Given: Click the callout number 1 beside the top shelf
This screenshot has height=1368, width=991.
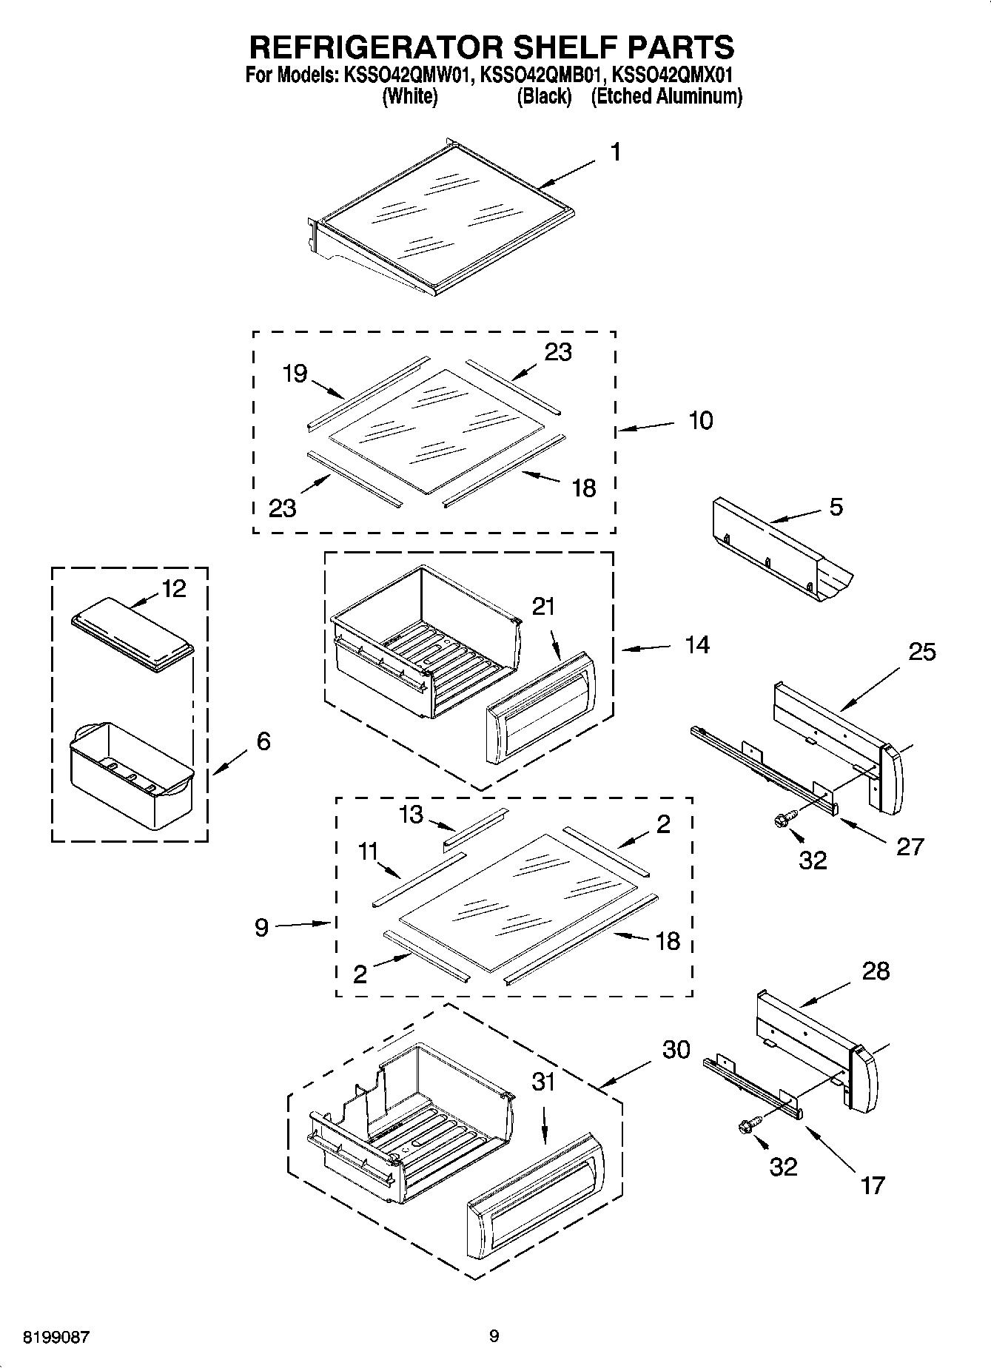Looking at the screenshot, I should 615,152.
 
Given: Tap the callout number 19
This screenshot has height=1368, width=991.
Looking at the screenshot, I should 295,373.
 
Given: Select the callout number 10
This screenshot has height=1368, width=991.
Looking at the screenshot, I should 700,420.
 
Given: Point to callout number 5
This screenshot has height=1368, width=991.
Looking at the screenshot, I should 836,507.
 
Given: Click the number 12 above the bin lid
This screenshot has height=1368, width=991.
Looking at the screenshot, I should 174,589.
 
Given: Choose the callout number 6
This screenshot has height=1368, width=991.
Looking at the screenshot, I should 263,741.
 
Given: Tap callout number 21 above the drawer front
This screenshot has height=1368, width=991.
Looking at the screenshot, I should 543,607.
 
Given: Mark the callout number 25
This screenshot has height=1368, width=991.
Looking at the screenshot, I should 921,652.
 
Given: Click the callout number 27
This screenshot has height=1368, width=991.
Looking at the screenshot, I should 910,846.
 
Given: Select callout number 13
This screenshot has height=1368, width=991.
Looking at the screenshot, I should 411,815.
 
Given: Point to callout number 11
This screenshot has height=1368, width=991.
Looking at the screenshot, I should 368,852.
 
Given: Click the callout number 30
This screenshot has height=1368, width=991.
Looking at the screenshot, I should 676,1049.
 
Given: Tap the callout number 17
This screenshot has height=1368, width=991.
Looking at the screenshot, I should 873,1185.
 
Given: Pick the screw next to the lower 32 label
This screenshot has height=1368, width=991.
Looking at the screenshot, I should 746,1126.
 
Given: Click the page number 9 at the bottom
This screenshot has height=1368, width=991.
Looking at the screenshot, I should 494,1336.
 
